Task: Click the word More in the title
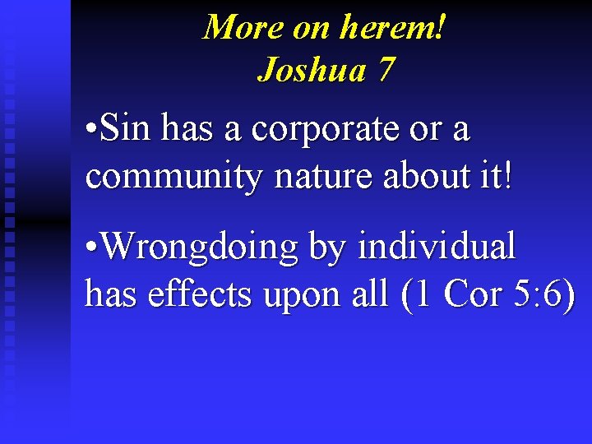click(243, 27)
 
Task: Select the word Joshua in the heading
click(312, 70)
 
